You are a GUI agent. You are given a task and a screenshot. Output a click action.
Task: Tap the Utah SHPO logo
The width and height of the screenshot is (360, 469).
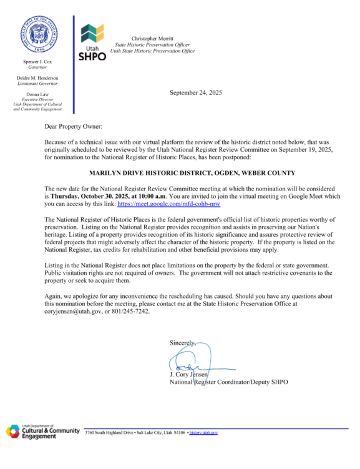coord(92,42)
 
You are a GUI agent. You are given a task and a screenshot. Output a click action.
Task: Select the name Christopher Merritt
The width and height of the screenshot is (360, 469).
coord(152,39)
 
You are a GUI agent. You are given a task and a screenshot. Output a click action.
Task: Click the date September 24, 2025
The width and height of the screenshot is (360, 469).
coord(195,92)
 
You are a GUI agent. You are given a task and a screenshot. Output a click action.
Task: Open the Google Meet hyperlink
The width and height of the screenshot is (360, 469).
coord(168,204)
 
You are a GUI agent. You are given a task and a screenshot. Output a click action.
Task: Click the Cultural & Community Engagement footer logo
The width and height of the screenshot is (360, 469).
coord(42,431)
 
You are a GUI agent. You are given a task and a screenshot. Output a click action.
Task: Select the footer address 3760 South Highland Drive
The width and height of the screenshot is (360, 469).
coord(114,432)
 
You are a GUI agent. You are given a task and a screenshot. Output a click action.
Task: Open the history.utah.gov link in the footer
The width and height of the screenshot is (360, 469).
coord(204,432)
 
